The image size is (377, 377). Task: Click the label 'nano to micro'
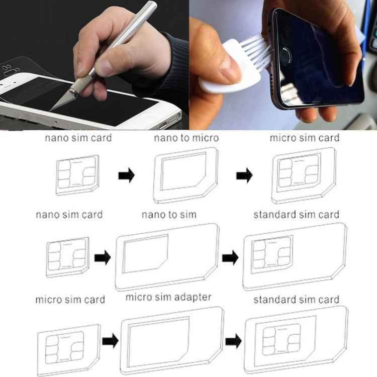pos(186,138)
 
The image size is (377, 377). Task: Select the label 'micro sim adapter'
pos(168,297)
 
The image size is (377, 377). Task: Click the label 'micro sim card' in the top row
pos(305,138)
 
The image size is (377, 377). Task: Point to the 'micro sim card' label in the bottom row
pos(70,300)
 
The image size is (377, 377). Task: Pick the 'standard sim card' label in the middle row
pos(296,215)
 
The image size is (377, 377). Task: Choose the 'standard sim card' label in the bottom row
pos(296,300)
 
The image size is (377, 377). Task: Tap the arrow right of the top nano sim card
pos(126,176)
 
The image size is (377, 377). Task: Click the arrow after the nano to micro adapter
pos(245,176)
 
